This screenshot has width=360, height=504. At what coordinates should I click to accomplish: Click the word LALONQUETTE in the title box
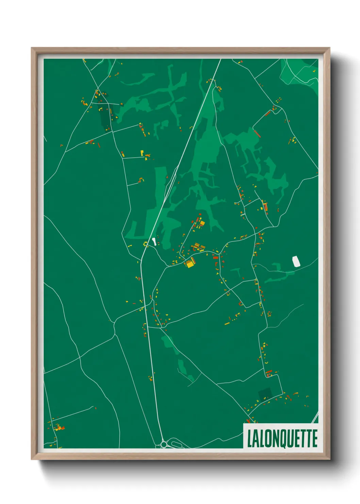click(x=282, y=439)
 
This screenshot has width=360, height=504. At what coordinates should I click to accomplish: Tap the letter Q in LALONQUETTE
click(x=282, y=439)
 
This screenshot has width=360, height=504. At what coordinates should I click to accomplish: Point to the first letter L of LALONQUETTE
click(x=250, y=439)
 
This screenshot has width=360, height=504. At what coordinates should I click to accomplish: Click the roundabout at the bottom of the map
click(x=164, y=444)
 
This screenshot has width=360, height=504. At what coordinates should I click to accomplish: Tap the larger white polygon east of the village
click(x=296, y=261)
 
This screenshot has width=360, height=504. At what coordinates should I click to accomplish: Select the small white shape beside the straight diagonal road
click(x=154, y=241)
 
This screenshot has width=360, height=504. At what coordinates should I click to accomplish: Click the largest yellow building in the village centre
click(x=189, y=264)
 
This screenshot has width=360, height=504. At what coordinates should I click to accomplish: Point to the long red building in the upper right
click(x=257, y=133)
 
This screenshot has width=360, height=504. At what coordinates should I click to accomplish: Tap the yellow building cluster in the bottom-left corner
click(x=59, y=427)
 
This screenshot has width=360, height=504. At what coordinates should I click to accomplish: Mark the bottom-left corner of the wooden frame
click(x=32, y=459)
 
